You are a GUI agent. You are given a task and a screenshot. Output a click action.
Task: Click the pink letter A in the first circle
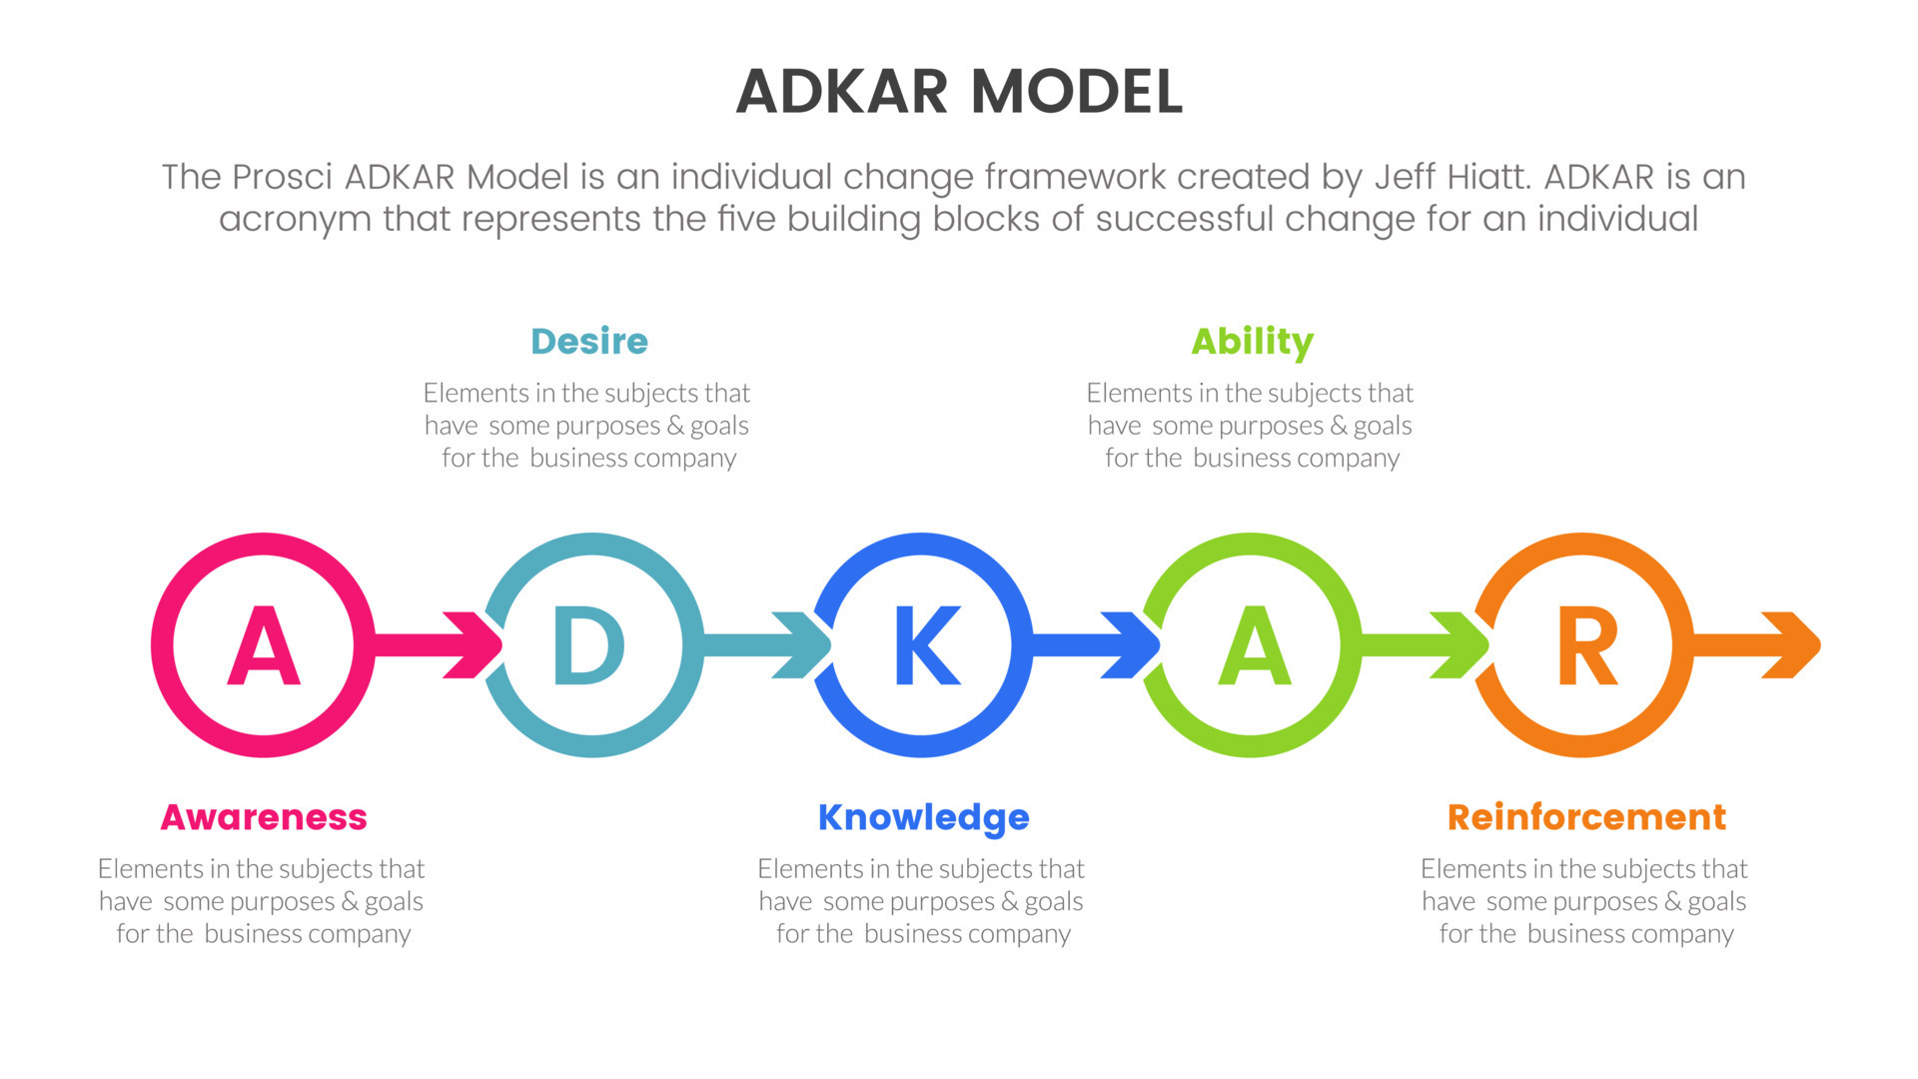pos(264,645)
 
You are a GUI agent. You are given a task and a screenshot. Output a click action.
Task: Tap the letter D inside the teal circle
pos(589,645)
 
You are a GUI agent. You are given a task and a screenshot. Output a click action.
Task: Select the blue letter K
pos(927,645)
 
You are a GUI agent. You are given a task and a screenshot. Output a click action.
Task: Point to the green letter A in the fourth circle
pos(1255,645)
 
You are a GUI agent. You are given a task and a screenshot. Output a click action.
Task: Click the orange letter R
pos(1586,645)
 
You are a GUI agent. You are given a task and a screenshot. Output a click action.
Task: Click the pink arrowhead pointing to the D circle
pos(474,645)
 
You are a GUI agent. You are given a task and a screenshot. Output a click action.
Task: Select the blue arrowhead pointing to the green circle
pos(1131,645)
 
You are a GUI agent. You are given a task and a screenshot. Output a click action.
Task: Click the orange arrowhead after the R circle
pos(1791,645)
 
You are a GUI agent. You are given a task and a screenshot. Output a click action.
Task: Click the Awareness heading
pos(264,817)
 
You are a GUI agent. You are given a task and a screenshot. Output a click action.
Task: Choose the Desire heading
pos(589,342)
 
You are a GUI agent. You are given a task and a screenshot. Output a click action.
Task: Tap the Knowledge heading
pos(924,818)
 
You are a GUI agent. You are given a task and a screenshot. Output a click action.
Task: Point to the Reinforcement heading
pos(1586,817)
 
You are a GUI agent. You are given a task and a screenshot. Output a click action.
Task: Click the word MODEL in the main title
pos(1077,92)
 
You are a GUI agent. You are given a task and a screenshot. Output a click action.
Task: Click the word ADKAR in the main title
pos(842,92)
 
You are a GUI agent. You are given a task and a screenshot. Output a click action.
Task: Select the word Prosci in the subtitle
pos(282,177)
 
